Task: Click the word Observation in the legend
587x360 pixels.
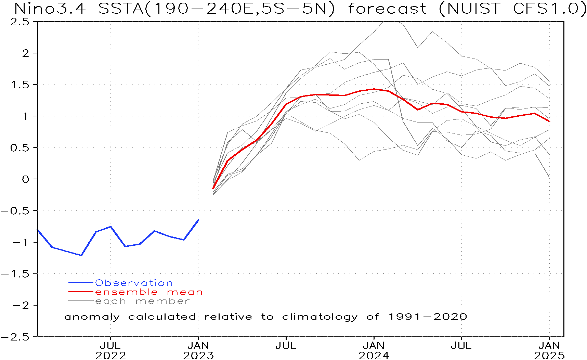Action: pos(134,283)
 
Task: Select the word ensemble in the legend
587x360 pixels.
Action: pos(127,292)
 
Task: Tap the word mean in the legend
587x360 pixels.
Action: pos(185,292)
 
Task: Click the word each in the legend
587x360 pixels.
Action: pos(110,301)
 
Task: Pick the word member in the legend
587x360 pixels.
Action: pos(162,301)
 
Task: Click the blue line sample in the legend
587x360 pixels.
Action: pos(81,283)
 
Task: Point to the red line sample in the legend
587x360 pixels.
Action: pos(81,292)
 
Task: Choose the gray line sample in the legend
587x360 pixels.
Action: pos(81,301)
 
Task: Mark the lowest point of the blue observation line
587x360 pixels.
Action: pos(81,255)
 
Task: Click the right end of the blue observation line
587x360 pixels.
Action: pos(198,220)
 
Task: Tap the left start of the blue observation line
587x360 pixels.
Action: pos(38,230)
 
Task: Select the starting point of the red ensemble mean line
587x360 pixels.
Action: pos(213,189)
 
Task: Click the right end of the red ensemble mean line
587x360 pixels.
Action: pos(549,121)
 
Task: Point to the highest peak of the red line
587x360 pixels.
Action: pos(374,89)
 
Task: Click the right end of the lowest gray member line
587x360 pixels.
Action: pos(549,177)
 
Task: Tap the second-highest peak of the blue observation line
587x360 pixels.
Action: pos(110,227)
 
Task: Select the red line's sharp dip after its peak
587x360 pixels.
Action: pos(418,110)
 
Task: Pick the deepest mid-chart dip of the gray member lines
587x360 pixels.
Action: pos(359,160)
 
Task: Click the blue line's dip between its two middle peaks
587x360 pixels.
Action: pos(126,246)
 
